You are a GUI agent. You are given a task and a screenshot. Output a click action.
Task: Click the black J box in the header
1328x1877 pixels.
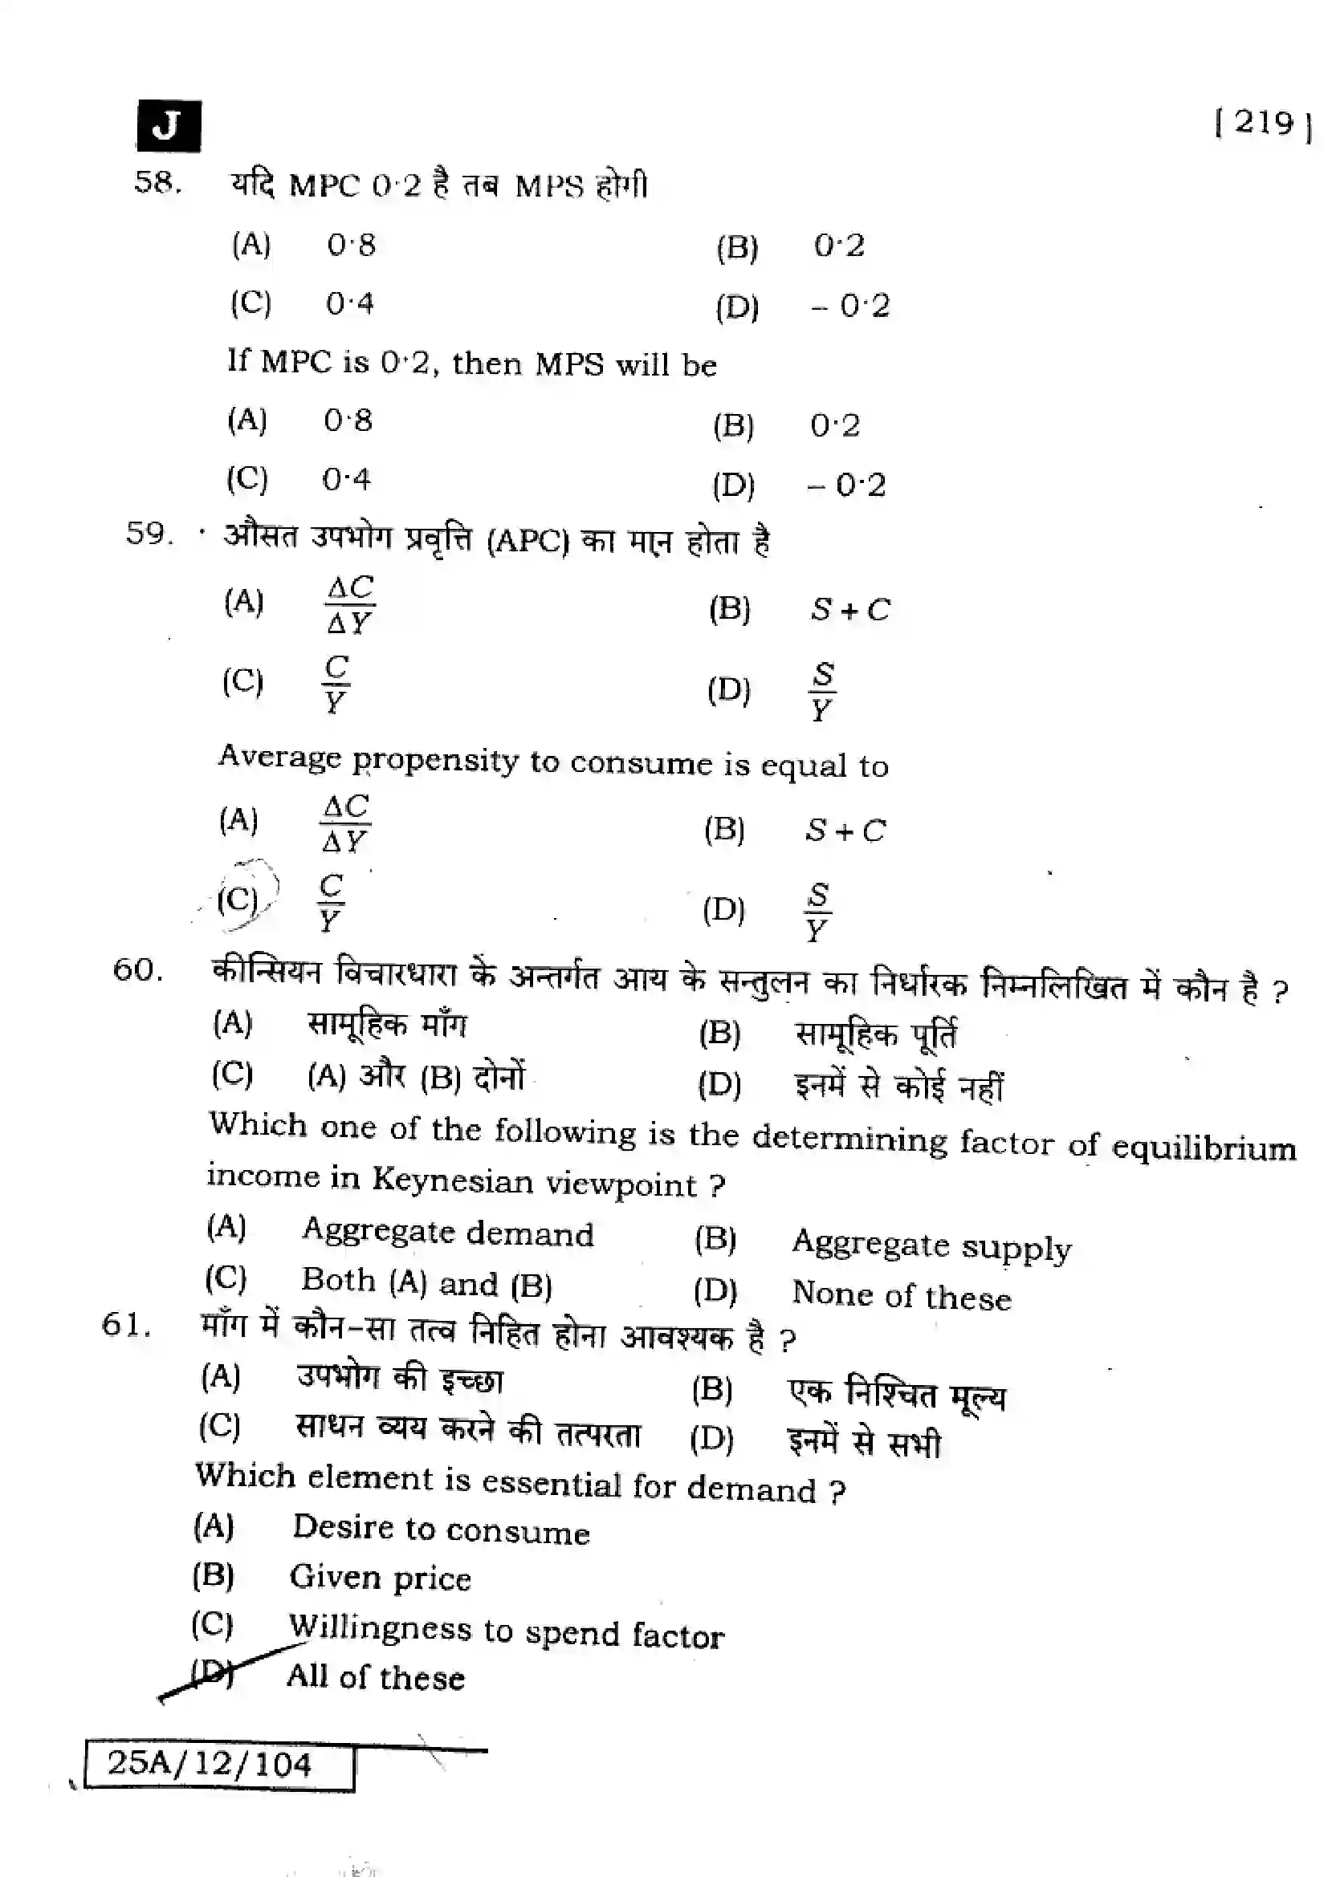[169, 126]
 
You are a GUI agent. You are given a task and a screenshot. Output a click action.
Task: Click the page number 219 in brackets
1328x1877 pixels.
[1264, 124]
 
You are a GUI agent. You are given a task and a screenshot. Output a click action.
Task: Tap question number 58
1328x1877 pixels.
[157, 181]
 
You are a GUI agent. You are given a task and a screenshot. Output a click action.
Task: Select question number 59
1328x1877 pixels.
[149, 534]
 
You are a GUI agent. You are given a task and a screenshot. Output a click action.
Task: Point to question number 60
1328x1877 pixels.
[137, 969]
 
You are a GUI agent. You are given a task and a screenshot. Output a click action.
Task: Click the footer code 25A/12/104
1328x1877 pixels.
[210, 1763]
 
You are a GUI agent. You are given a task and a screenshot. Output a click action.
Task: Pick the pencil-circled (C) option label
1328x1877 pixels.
[238, 900]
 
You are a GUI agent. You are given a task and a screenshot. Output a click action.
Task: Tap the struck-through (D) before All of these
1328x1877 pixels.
[212, 1672]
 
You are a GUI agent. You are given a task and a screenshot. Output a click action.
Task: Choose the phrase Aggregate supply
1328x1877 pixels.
[931, 1246]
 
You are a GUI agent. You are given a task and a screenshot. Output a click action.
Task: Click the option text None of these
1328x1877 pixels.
[901, 1296]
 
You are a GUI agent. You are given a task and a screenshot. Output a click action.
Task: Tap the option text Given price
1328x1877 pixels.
[381, 1578]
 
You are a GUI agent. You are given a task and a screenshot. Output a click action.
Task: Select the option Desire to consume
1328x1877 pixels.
[441, 1529]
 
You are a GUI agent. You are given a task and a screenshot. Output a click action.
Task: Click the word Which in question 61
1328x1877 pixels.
[246, 1476]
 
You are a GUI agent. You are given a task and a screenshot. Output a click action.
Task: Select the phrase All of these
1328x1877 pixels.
[375, 1677]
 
